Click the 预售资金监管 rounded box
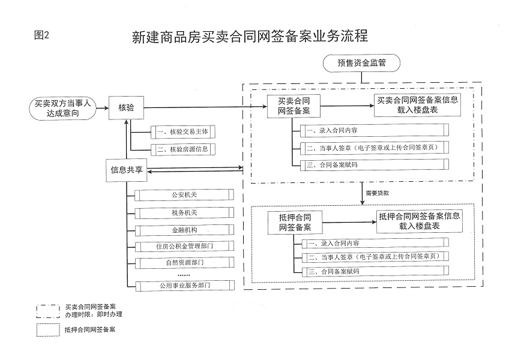coord(361,63)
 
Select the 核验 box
coord(126,108)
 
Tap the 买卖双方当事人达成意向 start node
coord(62,109)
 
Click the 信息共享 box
coord(127,170)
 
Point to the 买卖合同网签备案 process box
coord(294,106)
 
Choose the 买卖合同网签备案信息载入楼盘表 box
coord(417,105)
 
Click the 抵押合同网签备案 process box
coord(295,223)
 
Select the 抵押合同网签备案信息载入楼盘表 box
coord(420,221)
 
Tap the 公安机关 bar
coord(184,195)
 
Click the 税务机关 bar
coord(184,212)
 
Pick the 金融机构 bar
coord(184,230)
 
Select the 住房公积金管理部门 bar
coord(184,246)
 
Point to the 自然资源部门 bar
coord(184,263)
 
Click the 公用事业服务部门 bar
coord(184,286)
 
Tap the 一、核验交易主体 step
coord(183,132)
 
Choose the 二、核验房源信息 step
coord(183,149)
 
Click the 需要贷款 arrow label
coord(377,193)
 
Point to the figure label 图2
coord(41,35)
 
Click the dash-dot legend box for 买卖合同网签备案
coord(48,311)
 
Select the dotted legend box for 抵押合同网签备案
coord(48,330)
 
